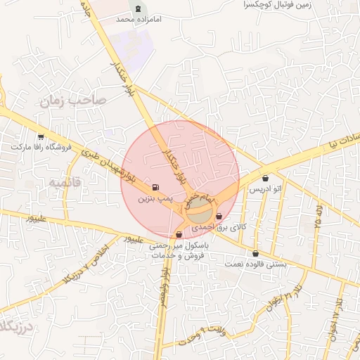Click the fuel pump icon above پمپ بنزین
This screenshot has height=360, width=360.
tap(155, 188)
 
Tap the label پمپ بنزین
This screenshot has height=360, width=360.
tap(154, 200)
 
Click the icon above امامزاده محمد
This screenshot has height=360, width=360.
tap(138, 8)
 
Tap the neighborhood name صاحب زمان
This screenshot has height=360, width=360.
tap(72, 101)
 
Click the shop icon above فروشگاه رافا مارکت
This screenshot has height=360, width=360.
tap(41, 137)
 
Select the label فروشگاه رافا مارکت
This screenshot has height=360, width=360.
tap(41, 148)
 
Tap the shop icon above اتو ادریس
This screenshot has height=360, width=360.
tap(264, 178)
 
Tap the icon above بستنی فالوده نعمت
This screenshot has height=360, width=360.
tap(255, 253)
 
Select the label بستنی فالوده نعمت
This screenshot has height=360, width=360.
tap(255, 264)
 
